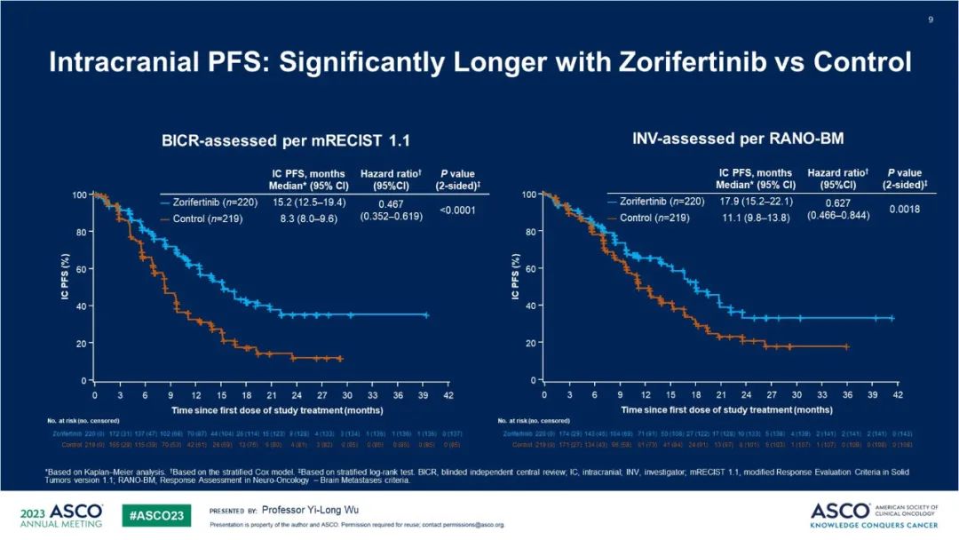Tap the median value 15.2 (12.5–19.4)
click(306, 202)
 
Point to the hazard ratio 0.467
click(384, 202)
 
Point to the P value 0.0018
click(903, 209)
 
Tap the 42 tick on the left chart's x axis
click(449, 394)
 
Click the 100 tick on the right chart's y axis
click(528, 194)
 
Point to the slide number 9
click(931, 20)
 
